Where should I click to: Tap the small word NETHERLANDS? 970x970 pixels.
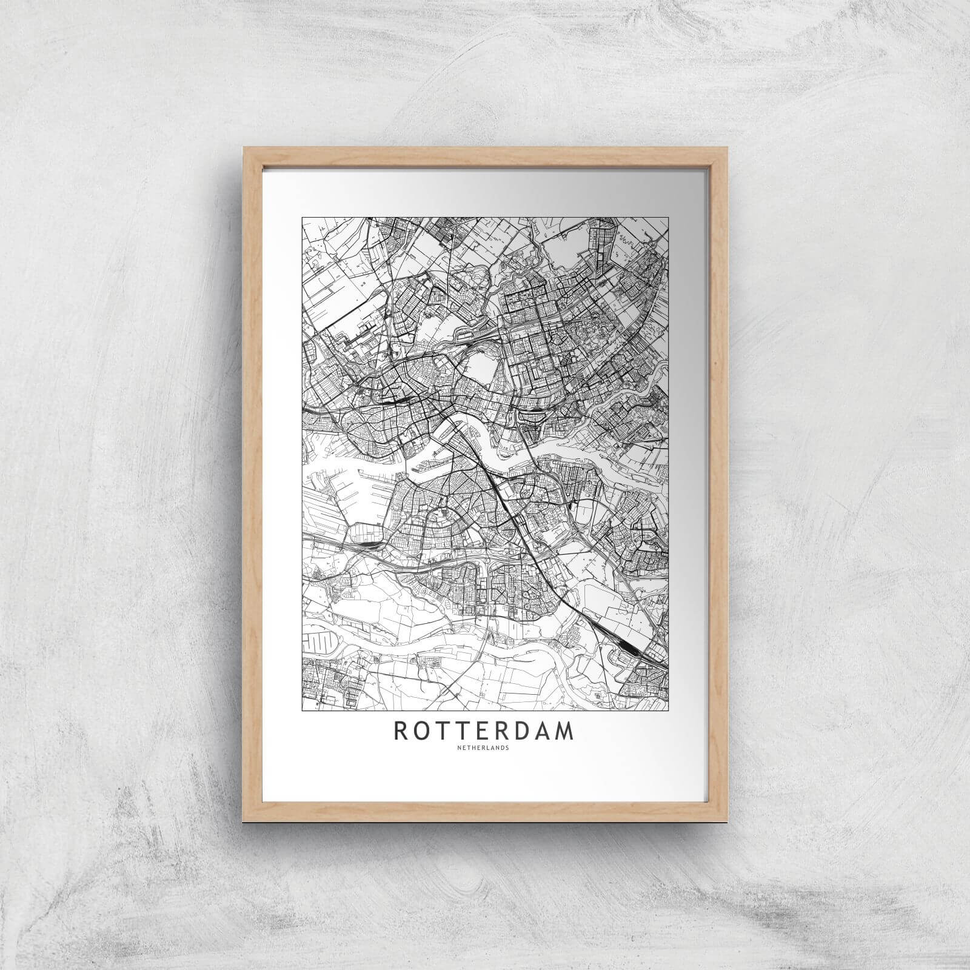(484, 747)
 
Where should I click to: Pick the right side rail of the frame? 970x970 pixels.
(720, 485)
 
